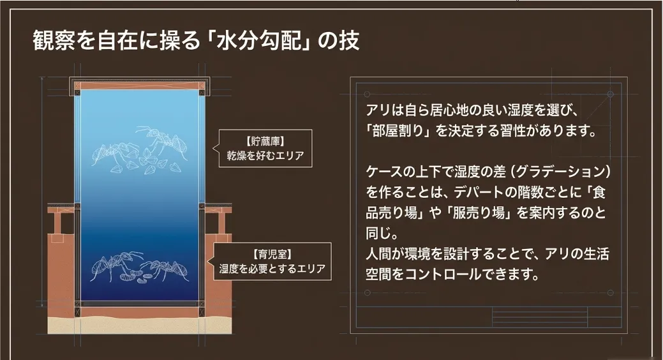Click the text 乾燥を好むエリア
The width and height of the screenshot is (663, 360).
coord(265,154)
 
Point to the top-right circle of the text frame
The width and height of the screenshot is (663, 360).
coord(610,94)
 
